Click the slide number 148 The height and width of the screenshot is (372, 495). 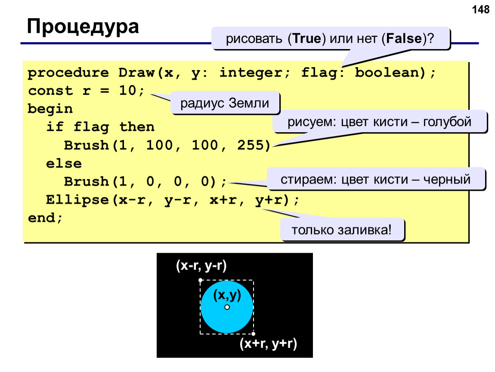click(x=480, y=9)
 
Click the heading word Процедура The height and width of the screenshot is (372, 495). click(x=83, y=27)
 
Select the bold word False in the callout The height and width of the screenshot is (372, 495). click(x=404, y=38)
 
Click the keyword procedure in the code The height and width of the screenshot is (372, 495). click(x=68, y=73)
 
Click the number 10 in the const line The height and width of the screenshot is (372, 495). click(x=128, y=90)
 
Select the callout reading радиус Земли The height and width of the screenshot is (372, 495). click(x=225, y=103)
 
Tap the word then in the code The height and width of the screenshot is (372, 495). click(x=137, y=127)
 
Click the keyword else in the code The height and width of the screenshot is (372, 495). click(x=64, y=163)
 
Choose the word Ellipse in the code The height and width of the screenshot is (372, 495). click(x=77, y=200)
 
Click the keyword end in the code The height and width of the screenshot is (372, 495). click(x=41, y=217)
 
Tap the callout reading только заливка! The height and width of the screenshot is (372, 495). click(x=342, y=229)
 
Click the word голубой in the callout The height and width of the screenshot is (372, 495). click(x=447, y=122)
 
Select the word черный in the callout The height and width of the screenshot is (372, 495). click(x=447, y=180)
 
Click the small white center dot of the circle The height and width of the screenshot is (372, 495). click(x=227, y=307)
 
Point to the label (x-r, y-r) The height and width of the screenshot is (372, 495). click(x=201, y=266)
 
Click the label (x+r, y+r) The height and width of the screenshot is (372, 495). click(x=268, y=343)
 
